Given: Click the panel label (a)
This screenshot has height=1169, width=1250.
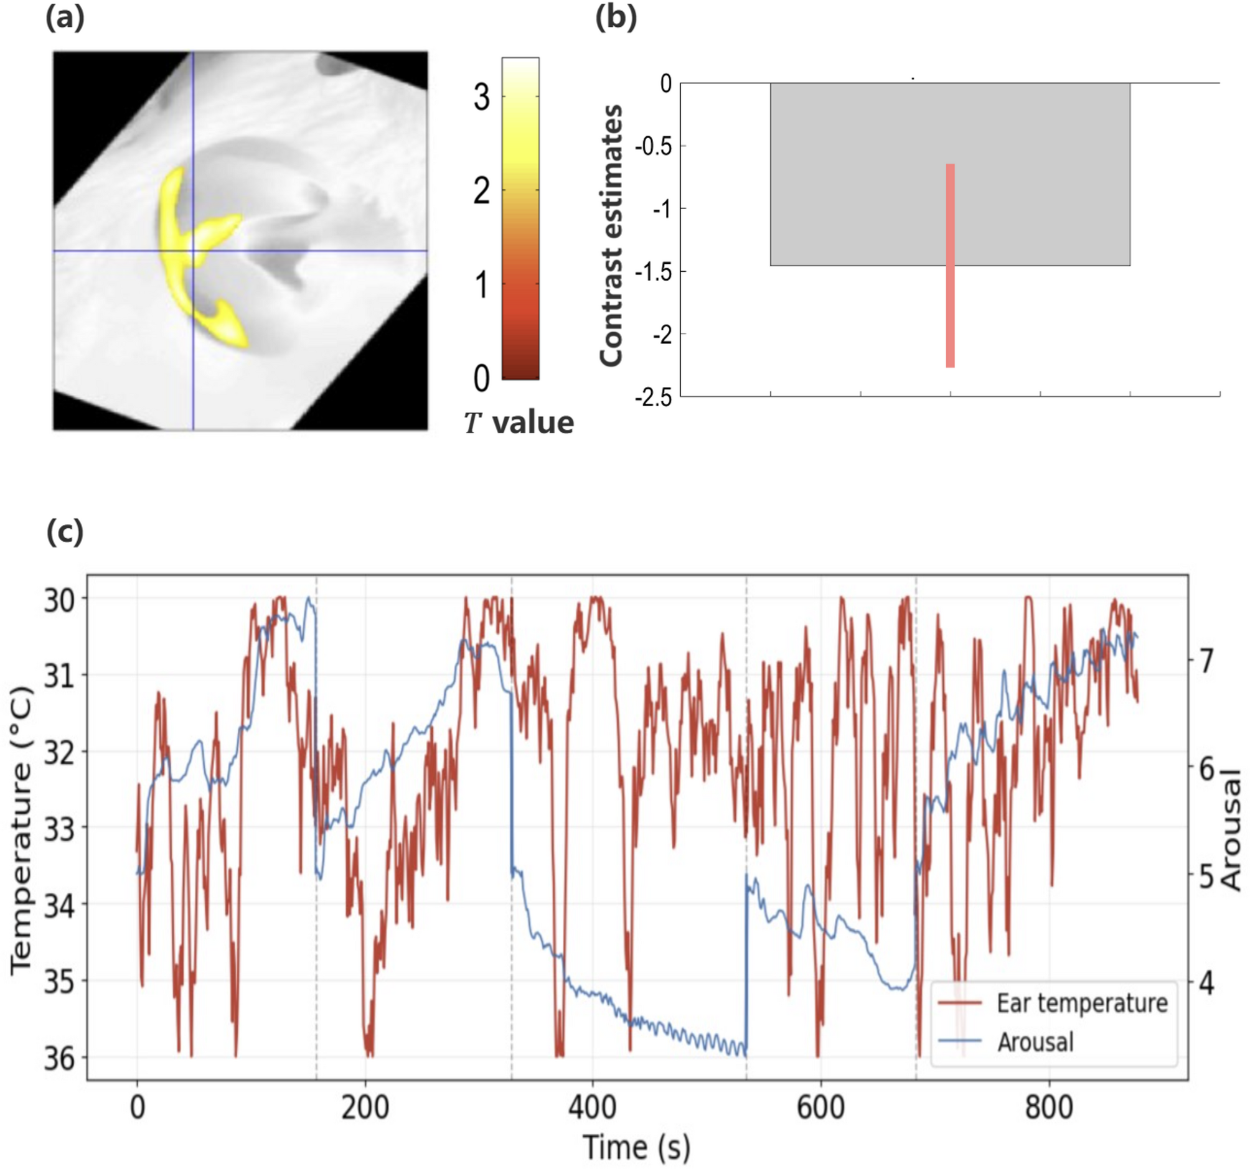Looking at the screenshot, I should [65, 18].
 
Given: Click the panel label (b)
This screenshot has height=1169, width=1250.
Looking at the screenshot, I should [616, 18].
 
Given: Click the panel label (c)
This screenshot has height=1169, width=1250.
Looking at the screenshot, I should [65, 533].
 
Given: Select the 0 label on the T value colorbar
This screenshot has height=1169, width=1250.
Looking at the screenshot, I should [482, 379].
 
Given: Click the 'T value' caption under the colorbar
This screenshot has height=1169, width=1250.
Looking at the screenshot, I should [519, 423].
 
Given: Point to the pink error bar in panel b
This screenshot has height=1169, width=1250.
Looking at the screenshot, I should [950, 265].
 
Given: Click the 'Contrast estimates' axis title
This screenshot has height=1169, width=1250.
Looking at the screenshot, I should [611, 236].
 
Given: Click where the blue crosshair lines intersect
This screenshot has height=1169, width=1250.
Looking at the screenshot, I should [193, 251].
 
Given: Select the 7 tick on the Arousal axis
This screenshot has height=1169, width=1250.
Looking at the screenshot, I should [1206, 661].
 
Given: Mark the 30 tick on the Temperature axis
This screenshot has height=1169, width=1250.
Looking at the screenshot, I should [59, 600].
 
